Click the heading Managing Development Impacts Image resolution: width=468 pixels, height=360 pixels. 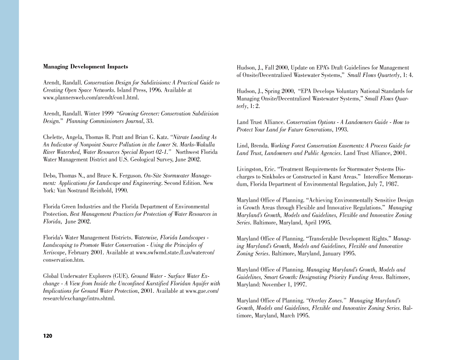[86, 67]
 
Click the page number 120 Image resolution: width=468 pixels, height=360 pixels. [48, 336]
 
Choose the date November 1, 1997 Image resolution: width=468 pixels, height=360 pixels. [275, 285]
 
